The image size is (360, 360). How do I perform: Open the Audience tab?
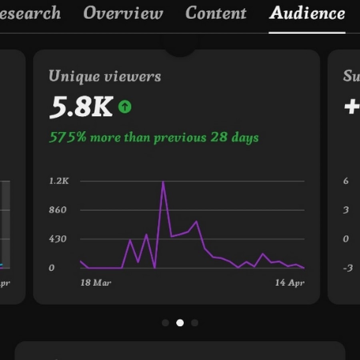coord(307,14)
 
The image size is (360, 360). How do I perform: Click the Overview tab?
coord(123,14)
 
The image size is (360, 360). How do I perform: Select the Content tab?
coord(216,14)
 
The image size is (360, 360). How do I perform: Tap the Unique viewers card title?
coord(105,76)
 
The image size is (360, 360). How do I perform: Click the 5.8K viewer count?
coord(81,107)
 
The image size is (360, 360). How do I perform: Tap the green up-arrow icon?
coord(125,107)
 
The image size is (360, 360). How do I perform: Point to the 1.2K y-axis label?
coord(59,181)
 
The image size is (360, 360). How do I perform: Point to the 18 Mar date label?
coord(96,283)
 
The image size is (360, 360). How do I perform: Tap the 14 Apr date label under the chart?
coord(290,283)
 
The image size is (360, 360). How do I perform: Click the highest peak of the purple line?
coord(163,182)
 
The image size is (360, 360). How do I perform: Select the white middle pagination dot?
coord(180,323)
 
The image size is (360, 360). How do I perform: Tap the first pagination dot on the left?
coord(166,323)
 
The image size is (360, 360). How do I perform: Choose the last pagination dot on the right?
coord(194,323)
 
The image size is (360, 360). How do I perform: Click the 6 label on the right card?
coord(346,181)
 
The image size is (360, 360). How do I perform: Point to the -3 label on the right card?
coord(347,268)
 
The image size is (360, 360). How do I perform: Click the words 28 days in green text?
coord(234,138)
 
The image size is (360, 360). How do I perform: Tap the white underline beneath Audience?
coord(307,32)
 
